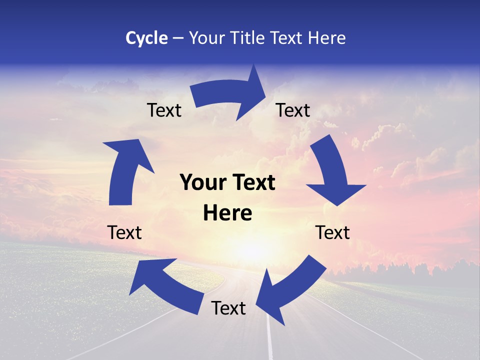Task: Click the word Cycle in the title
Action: (146, 38)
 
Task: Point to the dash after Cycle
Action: (177, 38)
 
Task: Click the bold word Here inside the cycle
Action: (227, 213)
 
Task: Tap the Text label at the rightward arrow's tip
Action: (293, 110)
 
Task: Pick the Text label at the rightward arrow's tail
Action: (164, 110)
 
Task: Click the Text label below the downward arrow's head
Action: (332, 232)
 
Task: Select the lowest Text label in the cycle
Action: (228, 308)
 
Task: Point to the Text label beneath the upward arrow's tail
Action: (124, 232)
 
